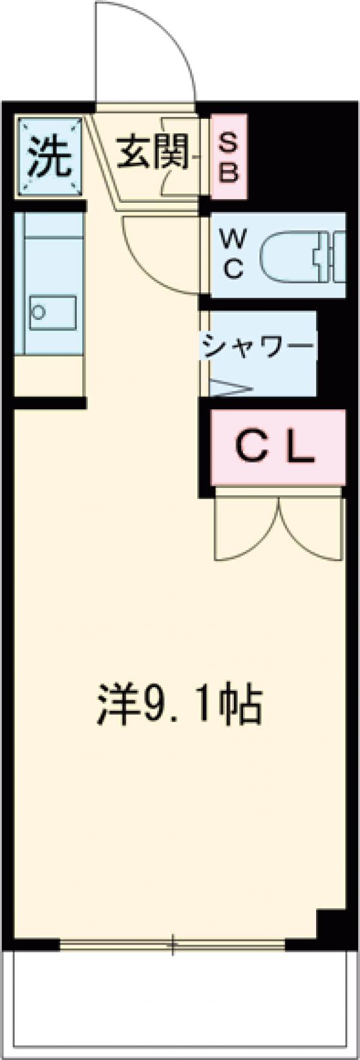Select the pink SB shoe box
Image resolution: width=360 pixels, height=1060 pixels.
pyautogui.click(x=229, y=157)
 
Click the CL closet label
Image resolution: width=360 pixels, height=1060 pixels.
pyautogui.click(x=276, y=448)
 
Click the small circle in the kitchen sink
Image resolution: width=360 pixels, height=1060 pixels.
pyautogui.click(x=40, y=312)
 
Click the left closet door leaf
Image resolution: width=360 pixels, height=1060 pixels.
pyautogui.click(x=246, y=528)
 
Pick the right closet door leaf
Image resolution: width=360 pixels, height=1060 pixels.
pyautogui.click(x=312, y=528)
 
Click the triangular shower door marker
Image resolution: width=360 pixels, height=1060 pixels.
pyautogui.click(x=231, y=388)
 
